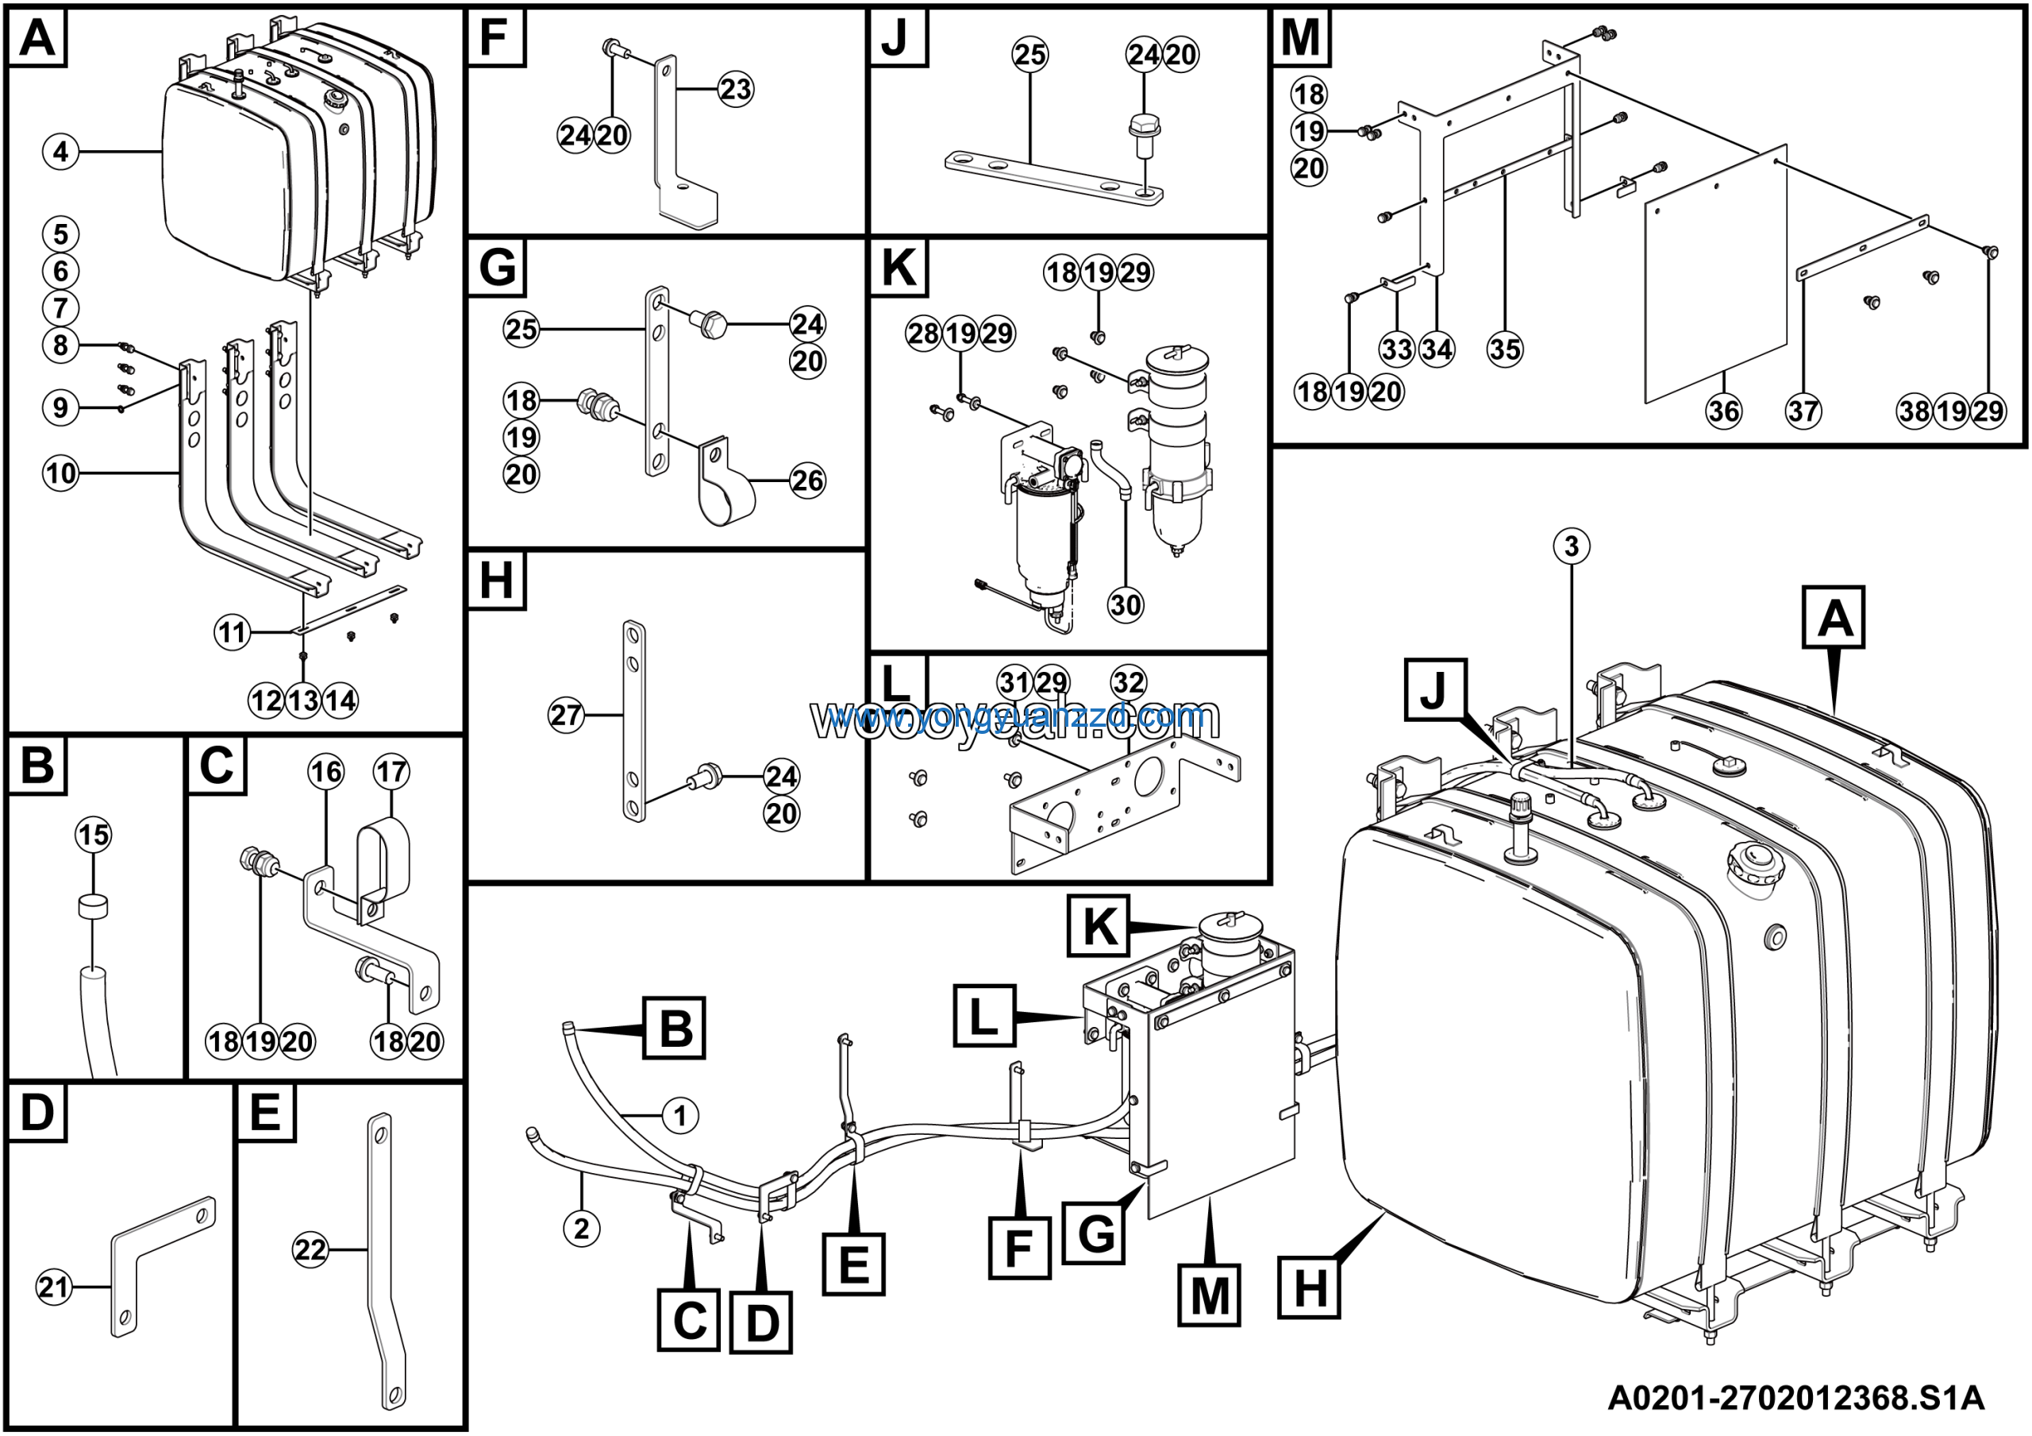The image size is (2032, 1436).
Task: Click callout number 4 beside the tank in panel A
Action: (x=60, y=152)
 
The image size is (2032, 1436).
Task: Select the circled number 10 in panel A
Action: (x=60, y=473)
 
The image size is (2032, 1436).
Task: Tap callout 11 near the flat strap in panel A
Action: (x=232, y=633)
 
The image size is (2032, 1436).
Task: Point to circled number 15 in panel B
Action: (x=94, y=834)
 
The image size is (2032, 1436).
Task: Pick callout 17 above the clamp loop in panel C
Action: (x=391, y=771)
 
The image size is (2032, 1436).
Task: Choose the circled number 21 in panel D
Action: (x=53, y=1287)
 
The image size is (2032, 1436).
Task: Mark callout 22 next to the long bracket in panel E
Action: (x=310, y=1250)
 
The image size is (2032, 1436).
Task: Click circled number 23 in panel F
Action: (x=736, y=90)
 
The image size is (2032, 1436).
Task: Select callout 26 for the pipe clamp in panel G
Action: (x=807, y=481)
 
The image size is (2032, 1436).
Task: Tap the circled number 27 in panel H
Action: (x=567, y=715)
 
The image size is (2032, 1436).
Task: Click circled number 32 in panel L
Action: (x=1129, y=682)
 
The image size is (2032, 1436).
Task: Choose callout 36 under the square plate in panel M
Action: (x=1723, y=411)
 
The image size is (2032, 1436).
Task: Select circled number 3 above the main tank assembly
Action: (x=1572, y=546)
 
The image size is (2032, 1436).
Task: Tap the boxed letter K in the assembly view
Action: (x=1099, y=926)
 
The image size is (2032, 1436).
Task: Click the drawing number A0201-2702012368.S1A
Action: (x=1795, y=1398)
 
